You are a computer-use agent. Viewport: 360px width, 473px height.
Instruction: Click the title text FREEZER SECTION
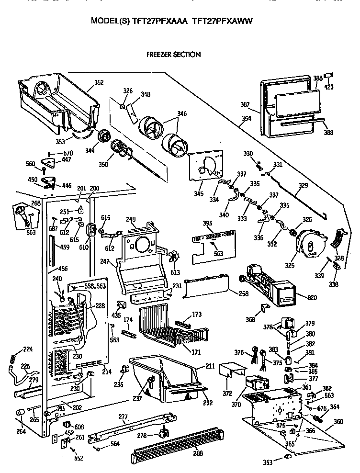click(x=173, y=55)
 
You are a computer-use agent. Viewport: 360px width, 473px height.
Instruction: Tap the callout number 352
click(x=99, y=82)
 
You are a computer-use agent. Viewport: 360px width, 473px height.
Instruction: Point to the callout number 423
click(x=329, y=87)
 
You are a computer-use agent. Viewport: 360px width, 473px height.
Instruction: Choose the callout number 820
click(x=312, y=298)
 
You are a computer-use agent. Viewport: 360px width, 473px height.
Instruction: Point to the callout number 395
click(x=194, y=224)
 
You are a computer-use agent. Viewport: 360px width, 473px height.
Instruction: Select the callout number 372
click(x=226, y=394)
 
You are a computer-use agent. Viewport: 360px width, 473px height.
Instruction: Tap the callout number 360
click(x=338, y=422)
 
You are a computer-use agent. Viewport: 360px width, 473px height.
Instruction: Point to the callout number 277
click(x=123, y=417)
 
